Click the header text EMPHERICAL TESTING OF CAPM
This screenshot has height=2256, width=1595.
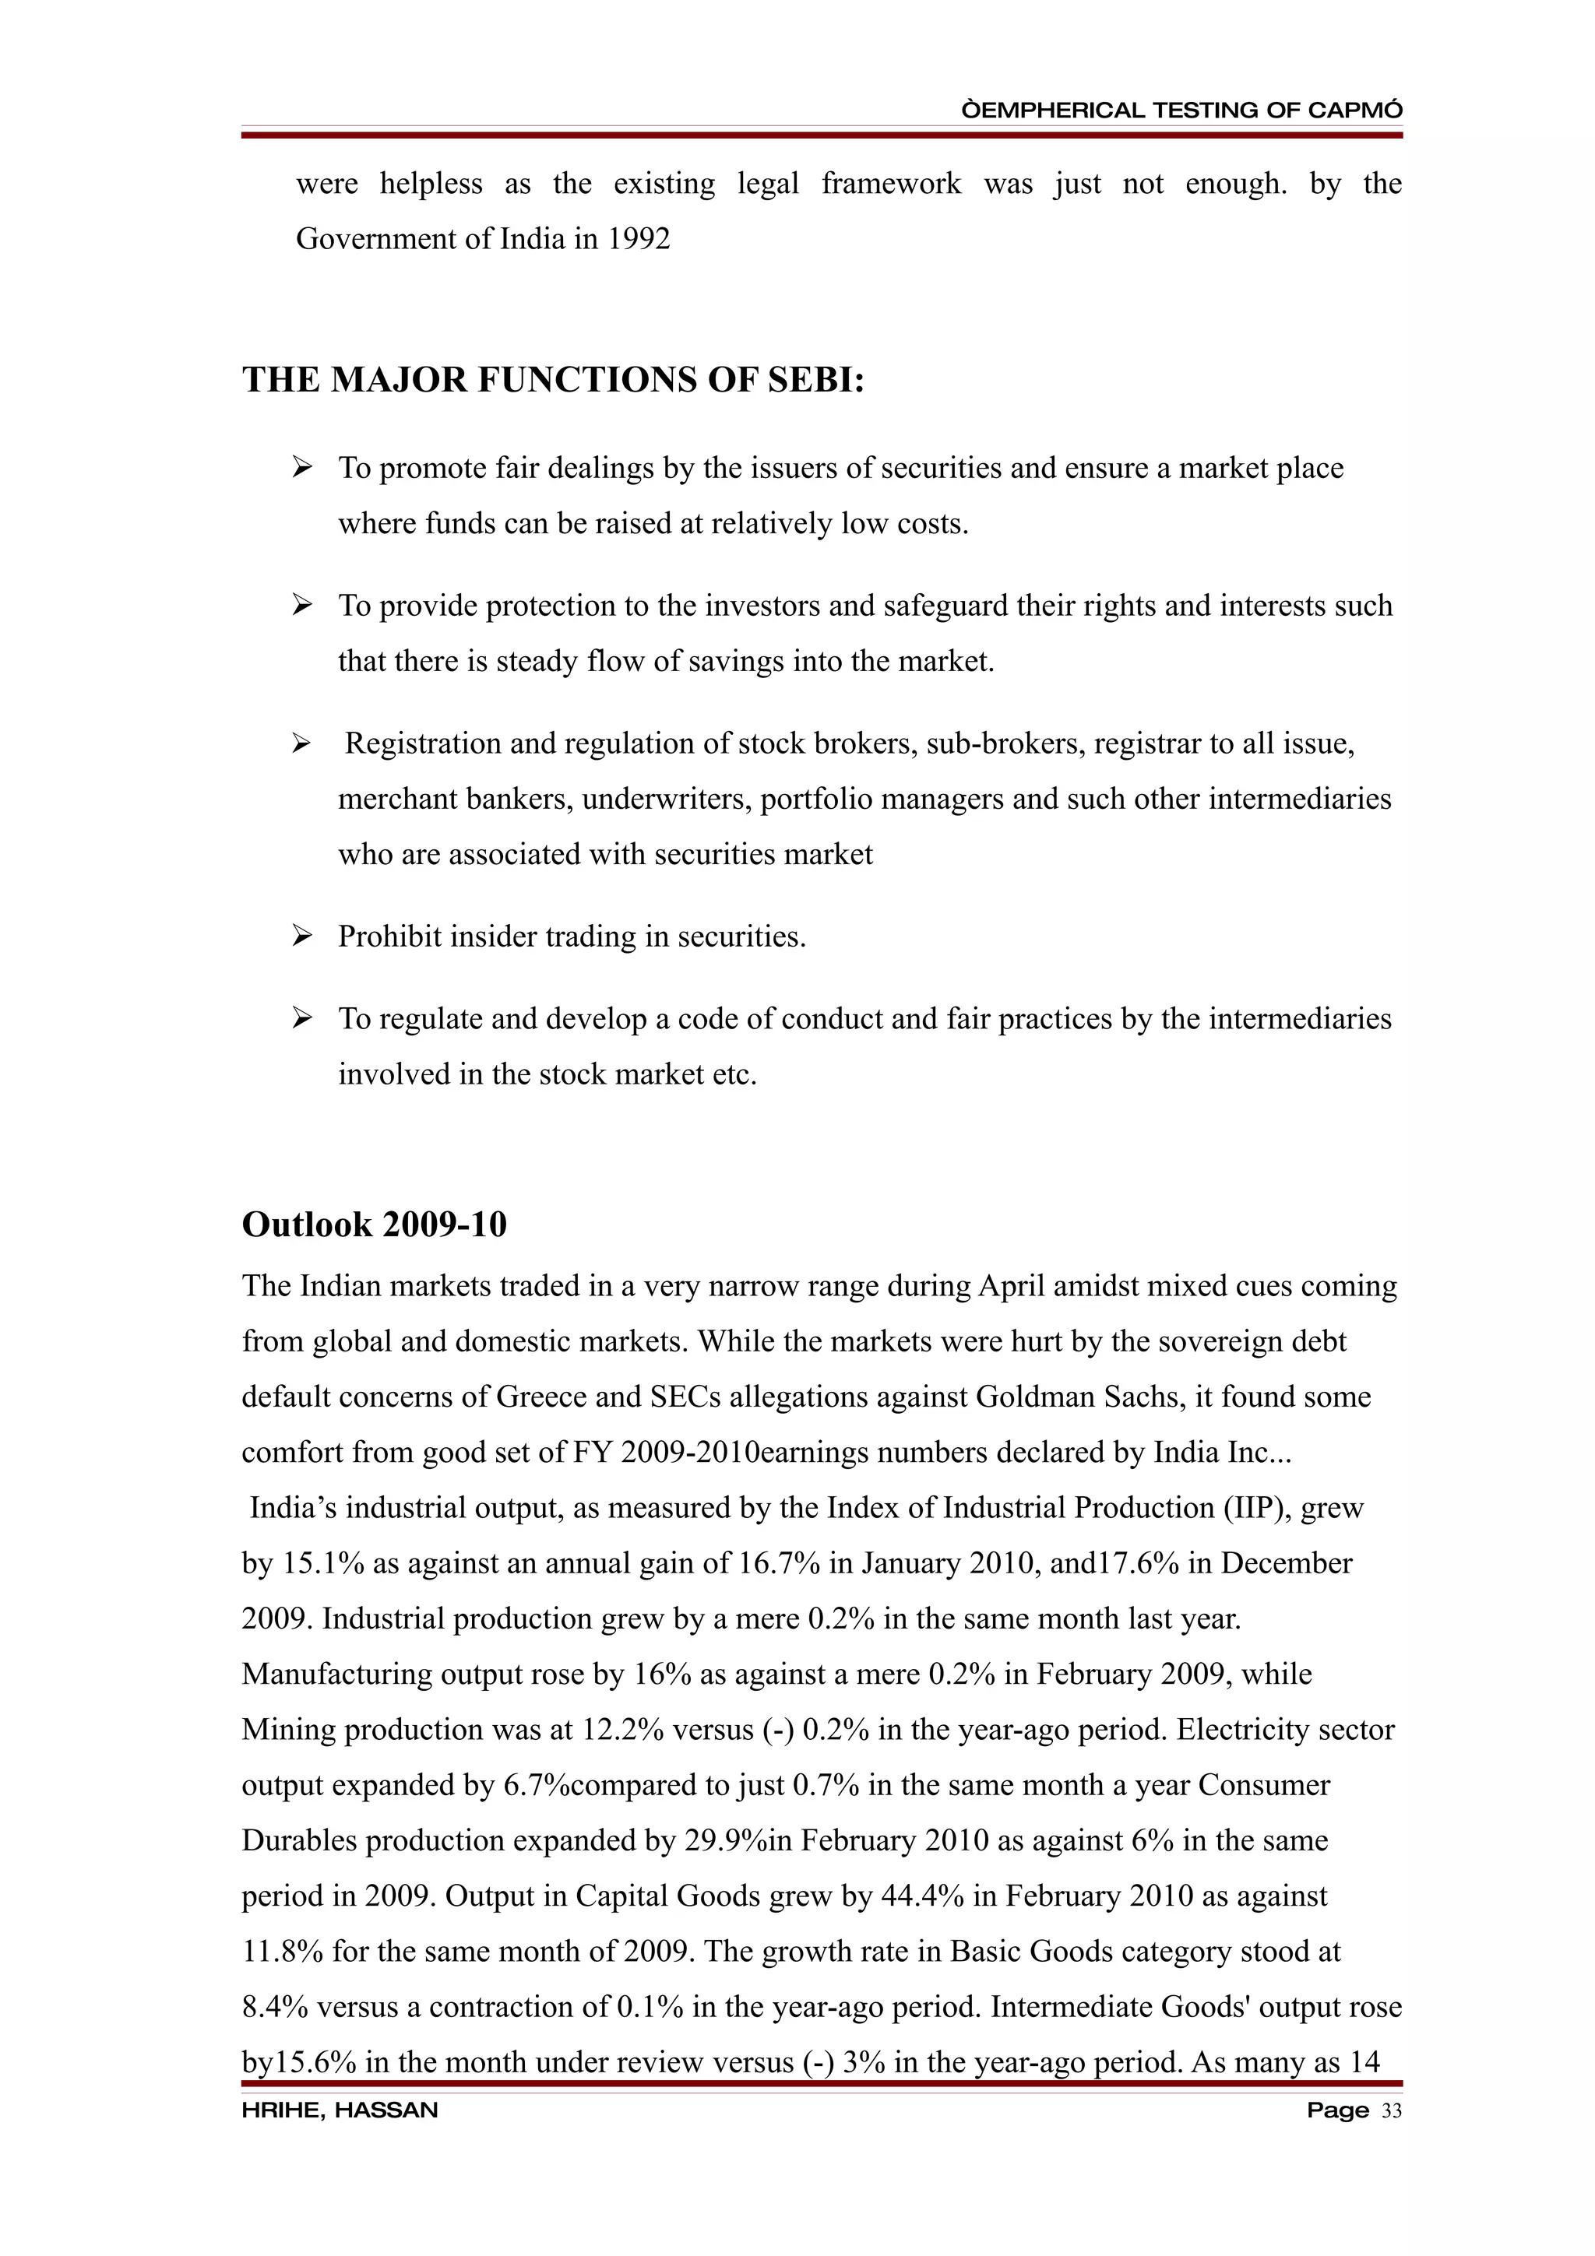(x=1181, y=110)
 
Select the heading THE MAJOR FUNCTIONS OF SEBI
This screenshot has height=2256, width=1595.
(x=553, y=379)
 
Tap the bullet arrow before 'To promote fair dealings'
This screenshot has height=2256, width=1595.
(x=301, y=467)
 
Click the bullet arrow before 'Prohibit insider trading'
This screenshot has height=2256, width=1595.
(x=301, y=936)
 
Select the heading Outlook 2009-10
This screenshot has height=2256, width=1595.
(x=375, y=1225)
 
